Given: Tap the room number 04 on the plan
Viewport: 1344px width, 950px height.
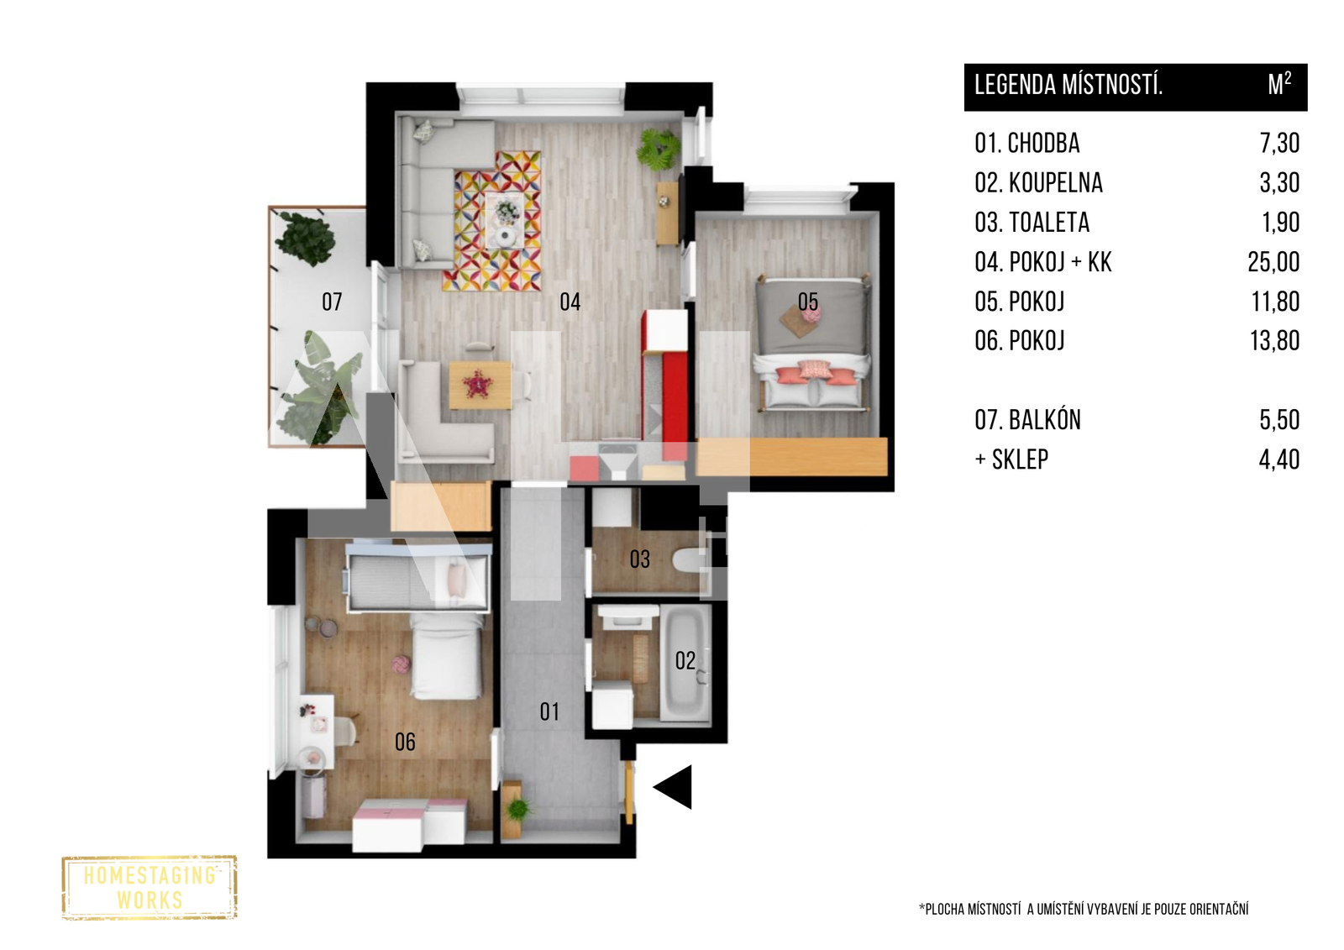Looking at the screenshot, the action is point(570,302).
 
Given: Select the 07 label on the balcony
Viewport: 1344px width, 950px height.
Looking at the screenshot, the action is point(332,302).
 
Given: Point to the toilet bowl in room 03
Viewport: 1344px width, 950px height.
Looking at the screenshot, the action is point(688,561).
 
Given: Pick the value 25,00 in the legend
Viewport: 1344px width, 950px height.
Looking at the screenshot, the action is point(1273,262).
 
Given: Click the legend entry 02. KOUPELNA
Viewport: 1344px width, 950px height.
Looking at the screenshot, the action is point(1038,182).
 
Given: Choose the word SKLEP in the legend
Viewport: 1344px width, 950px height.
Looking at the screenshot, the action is point(1020,459).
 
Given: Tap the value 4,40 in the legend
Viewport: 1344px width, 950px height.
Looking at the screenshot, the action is point(1279,459).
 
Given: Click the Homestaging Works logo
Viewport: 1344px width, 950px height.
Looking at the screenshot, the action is point(150,888).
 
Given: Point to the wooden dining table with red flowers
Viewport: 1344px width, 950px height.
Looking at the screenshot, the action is point(480,385).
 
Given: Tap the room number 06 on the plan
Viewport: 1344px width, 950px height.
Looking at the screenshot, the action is point(405,742).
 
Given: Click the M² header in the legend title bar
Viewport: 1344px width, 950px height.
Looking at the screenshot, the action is point(1279,85).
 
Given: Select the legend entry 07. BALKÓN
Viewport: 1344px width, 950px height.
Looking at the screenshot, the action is point(1028,419).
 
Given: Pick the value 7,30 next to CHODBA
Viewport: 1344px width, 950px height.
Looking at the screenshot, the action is point(1280,143).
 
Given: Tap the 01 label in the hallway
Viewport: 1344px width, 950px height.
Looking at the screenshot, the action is point(549,711).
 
